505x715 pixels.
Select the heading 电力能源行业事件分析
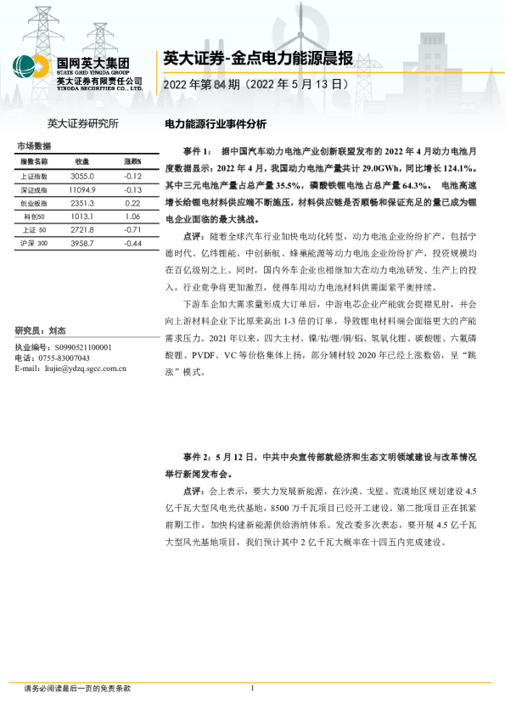coord(215,123)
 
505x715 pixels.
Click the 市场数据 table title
coord(34,146)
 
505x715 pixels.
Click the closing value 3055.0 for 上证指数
coord(82,177)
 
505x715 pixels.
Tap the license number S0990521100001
coord(81,348)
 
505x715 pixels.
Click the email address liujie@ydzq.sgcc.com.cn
coord(81,369)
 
